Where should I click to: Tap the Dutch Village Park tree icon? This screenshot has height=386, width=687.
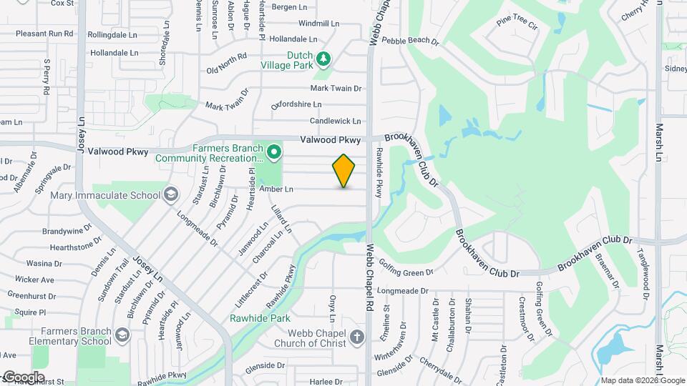tap(324, 58)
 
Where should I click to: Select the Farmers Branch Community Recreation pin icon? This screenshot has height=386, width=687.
tap(273, 152)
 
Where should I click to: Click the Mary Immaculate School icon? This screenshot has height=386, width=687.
tap(171, 194)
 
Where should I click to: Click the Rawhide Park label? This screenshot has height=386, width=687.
tap(250, 318)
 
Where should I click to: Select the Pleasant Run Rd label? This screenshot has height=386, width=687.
tap(44, 34)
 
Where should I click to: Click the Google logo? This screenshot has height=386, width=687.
tap(23, 377)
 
